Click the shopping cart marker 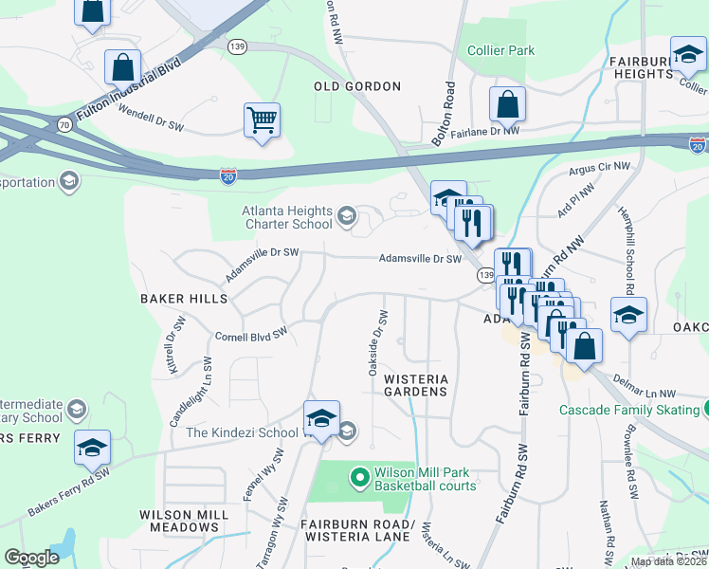point(262,120)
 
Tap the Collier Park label point(500,50)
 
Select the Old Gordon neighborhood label point(357,86)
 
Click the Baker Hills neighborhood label point(184,298)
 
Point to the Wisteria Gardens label point(415,384)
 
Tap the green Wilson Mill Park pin point(359,477)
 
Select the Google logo point(31,558)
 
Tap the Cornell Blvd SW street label point(251,336)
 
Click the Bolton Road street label point(444,112)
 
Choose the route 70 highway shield point(64,123)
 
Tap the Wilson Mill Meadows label point(184,521)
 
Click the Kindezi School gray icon point(347,432)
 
